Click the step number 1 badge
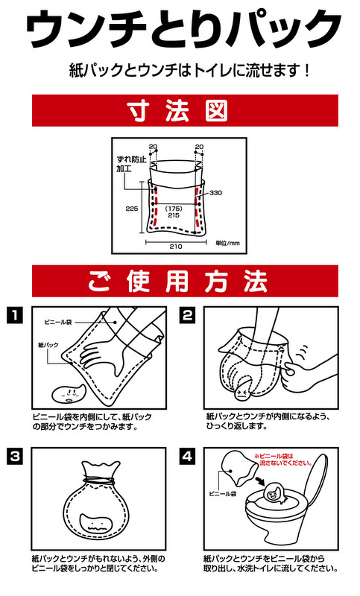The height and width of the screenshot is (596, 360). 14,315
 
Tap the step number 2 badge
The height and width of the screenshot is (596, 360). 187,315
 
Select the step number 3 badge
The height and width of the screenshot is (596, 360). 14,456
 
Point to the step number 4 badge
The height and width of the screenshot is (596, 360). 187,456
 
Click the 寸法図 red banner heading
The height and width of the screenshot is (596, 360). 185,110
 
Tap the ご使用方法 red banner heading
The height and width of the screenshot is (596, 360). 185,282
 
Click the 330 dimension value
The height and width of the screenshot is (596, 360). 215,193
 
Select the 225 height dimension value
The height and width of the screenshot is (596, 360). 131,209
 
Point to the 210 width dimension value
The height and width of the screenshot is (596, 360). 176,247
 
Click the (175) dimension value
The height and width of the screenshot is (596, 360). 174,209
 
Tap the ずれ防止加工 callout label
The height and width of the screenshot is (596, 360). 131,164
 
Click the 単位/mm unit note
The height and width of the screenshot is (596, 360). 228,244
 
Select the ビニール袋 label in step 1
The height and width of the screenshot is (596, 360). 58,323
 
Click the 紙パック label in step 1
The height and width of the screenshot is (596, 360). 48,345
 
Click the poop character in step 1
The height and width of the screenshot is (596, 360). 69,396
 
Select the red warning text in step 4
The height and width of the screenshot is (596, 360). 283,460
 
